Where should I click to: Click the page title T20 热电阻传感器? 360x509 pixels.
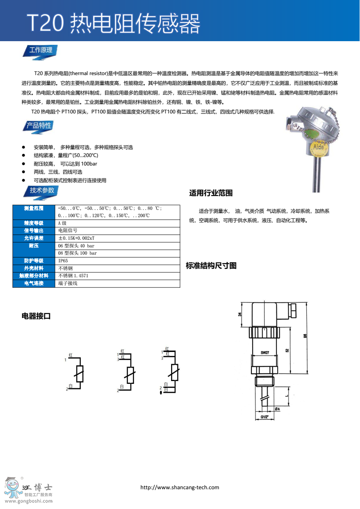pos(113,23)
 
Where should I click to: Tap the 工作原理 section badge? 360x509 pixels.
pos(41,50)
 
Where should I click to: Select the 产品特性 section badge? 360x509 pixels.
pos(39,126)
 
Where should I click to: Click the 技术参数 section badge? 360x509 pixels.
pos(42,191)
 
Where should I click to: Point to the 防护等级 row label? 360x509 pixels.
pos(34,261)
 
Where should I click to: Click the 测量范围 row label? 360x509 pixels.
pos(34,208)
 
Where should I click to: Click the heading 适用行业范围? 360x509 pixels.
pos(211,193)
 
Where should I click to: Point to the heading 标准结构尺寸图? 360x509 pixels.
pos(211,266)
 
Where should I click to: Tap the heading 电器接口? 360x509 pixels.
pos(36,316)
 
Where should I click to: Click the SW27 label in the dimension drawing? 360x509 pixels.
pos(265,352)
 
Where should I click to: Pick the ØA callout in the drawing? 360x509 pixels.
pos(277,409)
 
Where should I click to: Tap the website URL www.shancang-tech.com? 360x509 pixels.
pos(180,487)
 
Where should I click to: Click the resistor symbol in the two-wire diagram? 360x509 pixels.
pos(80,374)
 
